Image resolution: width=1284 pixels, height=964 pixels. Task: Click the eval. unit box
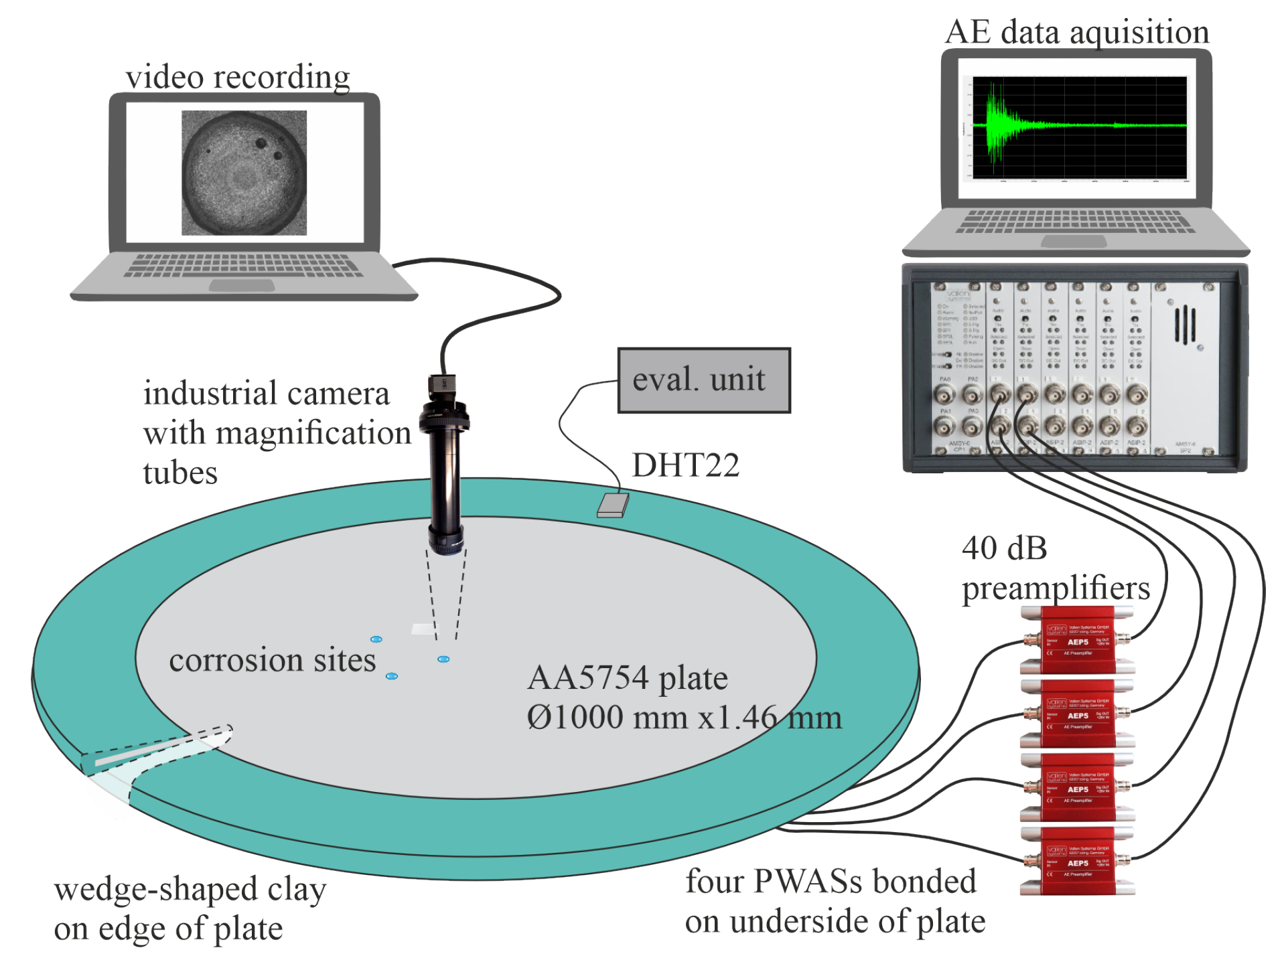703,380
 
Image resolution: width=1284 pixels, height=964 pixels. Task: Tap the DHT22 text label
685,465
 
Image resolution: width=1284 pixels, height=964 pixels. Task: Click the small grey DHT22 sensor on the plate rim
612,505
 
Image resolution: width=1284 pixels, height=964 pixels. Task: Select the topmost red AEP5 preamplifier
1076,640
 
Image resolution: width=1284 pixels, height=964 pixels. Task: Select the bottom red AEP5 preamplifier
1076,861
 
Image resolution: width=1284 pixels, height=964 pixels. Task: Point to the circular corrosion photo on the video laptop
244,173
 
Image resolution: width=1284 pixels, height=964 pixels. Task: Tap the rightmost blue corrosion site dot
443,659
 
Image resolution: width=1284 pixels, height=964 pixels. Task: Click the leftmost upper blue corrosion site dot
376,639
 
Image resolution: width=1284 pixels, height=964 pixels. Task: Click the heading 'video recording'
238,77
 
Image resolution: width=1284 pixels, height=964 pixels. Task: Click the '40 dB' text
1003,548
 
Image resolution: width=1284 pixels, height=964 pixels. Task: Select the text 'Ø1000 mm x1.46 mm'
683,718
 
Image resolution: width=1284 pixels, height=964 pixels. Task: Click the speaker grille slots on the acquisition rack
1185,325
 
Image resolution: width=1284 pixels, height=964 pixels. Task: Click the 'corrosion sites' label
272,661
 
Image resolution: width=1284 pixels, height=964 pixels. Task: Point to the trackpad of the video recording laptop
241,286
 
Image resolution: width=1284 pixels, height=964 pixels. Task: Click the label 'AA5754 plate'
627,678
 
